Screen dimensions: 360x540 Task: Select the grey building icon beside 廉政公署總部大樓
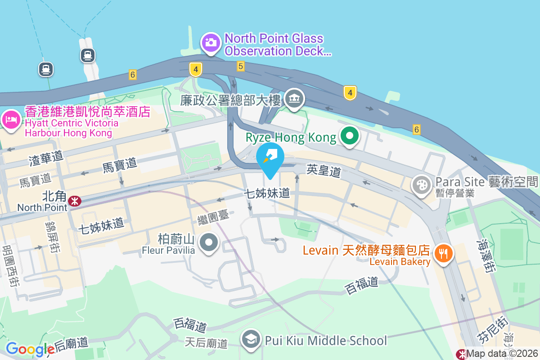(295, 99)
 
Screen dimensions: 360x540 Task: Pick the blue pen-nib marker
(270, 158)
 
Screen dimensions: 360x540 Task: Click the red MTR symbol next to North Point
(75, 201)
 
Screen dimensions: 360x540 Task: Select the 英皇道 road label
(324, 170)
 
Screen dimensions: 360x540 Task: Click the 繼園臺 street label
(213, 217)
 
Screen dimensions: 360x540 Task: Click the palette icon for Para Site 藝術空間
(422, 185)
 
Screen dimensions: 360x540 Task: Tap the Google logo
(30, 349)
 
